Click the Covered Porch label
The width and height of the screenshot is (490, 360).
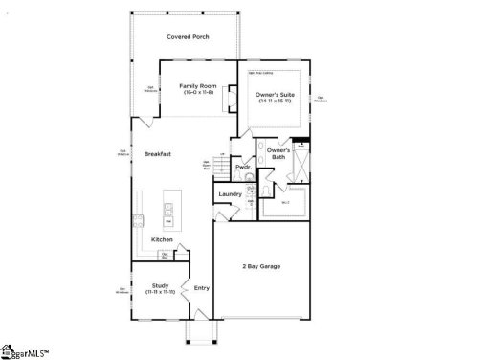point(188,37)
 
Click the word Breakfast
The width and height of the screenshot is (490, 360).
point(158,154)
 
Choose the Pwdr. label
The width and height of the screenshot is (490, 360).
point(243,167)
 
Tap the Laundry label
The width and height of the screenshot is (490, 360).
point(231,194)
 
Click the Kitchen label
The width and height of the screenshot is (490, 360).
point(162,239)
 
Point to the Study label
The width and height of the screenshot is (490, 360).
point(161,284)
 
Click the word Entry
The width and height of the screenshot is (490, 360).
point(202,287)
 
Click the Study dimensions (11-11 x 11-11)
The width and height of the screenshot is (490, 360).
point(161,291)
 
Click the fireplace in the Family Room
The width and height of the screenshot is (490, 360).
point(231,97)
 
